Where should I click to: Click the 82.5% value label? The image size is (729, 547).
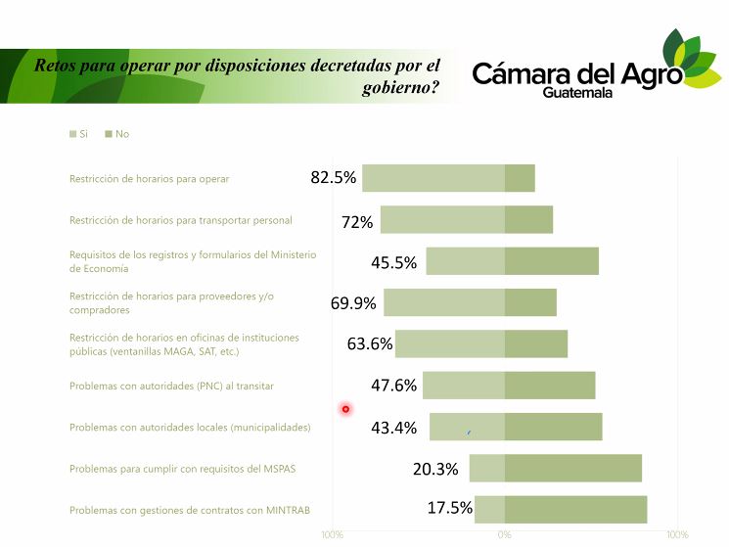tap(333, 178)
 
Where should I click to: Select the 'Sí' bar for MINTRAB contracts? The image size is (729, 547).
tap(489, 510)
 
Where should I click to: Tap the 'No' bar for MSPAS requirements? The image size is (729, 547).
tap(572, 469)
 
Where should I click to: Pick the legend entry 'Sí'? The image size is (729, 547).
tap(78, 134)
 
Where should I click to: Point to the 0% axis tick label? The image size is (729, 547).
tap(504, 535)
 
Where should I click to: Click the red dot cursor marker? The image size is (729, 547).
tap(345, 409)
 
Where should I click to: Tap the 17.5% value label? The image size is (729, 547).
tap(450, 509)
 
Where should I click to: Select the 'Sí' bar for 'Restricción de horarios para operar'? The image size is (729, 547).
tap(433, 179)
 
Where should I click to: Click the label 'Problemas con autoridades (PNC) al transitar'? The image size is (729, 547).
tap(171, 387)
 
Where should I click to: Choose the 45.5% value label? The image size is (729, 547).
tap(393, 262)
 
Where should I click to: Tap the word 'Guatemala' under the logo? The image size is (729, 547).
tap(577, 92)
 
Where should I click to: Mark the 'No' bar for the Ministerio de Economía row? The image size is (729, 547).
tap(551, 261)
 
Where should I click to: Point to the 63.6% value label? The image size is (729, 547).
tap(370, 344)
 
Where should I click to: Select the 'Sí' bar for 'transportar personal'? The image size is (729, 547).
tap(442, 220)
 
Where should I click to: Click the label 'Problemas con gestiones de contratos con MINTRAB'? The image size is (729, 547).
tap(185, 510)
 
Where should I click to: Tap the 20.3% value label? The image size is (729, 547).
tap(435, 469)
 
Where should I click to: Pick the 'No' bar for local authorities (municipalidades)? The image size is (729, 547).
tap(553, 428)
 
